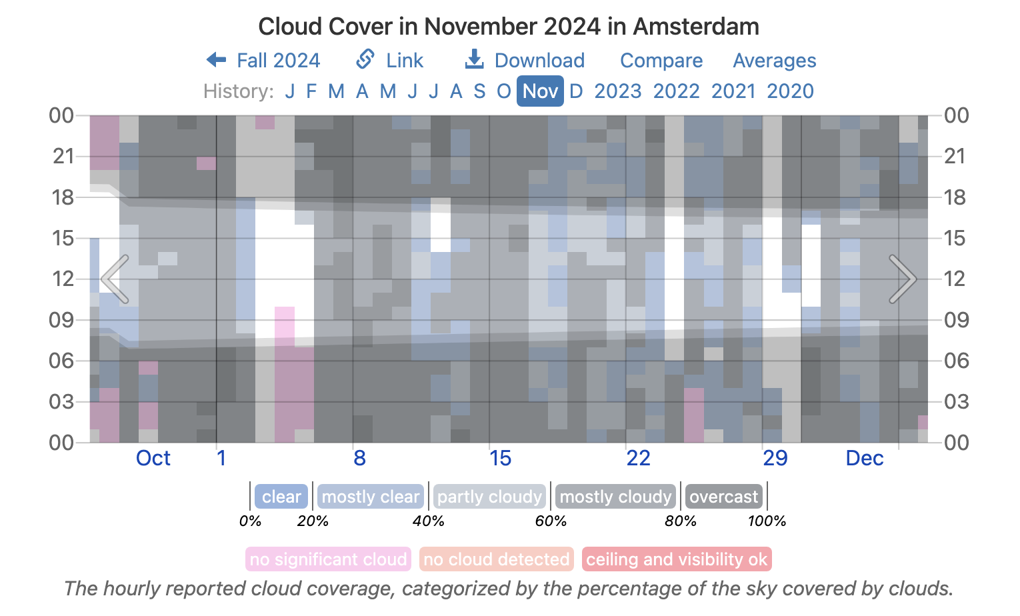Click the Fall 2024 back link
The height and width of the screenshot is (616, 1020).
[264, 61]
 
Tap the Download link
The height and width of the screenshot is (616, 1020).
[525, 61]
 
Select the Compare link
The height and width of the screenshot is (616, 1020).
[661, 61]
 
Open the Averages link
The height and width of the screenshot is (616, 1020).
[774, 61]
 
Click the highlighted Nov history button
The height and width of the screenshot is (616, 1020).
[540, 91]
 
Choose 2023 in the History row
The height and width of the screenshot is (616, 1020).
[617, 91]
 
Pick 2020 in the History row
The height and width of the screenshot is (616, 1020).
[790, 91]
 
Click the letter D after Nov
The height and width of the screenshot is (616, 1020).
[576, 91]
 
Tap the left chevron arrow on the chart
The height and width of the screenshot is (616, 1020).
[115, 279]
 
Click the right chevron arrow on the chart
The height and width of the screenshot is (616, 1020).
[903, 279]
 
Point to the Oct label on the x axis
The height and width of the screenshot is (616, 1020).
[153, 459]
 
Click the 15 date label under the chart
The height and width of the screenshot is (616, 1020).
[500, 459]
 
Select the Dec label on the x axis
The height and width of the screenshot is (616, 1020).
[864, 459]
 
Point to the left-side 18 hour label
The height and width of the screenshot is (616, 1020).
[63, 197]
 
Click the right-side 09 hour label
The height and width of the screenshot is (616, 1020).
[956, 320]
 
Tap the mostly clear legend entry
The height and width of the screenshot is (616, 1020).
[370, 497]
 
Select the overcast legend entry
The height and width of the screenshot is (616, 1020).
[723, 497]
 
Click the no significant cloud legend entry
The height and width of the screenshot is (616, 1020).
[328, 559]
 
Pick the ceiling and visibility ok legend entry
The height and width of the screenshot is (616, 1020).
[676, 559]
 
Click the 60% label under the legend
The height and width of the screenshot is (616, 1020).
[551, 521]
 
